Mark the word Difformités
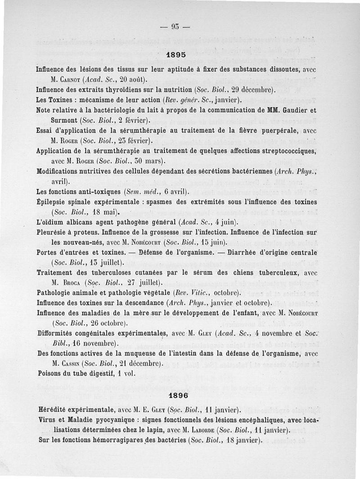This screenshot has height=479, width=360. pyautogui.click(x=56, y=333)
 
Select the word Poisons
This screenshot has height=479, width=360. pyautogui.click(x=50, y=373)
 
